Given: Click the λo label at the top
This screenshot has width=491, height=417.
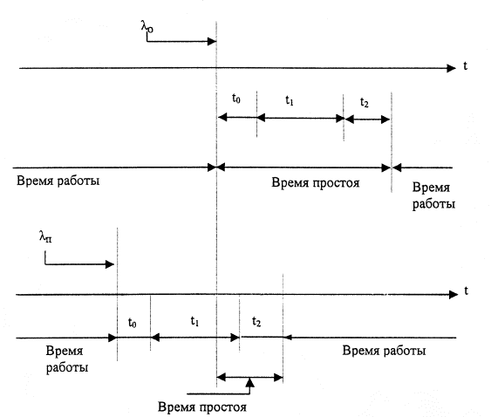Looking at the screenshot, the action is (x=147, y=27).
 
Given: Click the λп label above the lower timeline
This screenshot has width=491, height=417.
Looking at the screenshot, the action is (x=45, y=236).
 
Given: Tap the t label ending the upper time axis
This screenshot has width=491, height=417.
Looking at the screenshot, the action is (x=466, y=66).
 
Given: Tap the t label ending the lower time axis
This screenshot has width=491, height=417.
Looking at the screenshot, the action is (x=466, y=291).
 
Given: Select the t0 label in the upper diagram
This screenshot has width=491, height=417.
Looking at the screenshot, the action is (x=236, y=99).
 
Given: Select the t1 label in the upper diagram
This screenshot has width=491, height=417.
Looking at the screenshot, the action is (x=290, y=100).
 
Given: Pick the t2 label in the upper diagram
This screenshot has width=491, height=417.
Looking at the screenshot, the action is (x=365, y=102).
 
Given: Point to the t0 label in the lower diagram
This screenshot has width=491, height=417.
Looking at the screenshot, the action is (x=133, y=323).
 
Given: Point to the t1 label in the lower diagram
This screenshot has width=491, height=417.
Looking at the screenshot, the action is (x=194, y=321).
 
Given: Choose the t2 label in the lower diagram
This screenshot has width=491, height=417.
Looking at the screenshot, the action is (x=256, y=321).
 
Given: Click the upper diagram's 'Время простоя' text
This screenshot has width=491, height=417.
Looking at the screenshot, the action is (x=316, y=182).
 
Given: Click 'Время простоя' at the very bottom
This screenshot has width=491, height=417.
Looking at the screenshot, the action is (x=202, y=407).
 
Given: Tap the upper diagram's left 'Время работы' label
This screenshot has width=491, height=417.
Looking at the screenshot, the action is (x=58, y=181).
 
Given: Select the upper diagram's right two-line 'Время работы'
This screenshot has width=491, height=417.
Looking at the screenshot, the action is (x=433, y=195).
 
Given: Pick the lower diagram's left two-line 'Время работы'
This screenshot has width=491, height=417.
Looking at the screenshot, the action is (x=67, y=359).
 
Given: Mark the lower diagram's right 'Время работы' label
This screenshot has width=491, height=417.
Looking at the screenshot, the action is (x=384, y=351).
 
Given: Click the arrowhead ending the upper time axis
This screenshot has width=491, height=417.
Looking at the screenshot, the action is (x=451, y=68).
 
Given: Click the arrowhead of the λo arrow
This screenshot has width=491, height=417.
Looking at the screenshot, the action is (x=212, y=41).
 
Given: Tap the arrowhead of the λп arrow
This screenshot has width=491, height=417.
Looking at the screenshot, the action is (x=110, y=264).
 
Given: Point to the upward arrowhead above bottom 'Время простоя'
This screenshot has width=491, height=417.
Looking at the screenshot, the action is (x=250, y=382).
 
